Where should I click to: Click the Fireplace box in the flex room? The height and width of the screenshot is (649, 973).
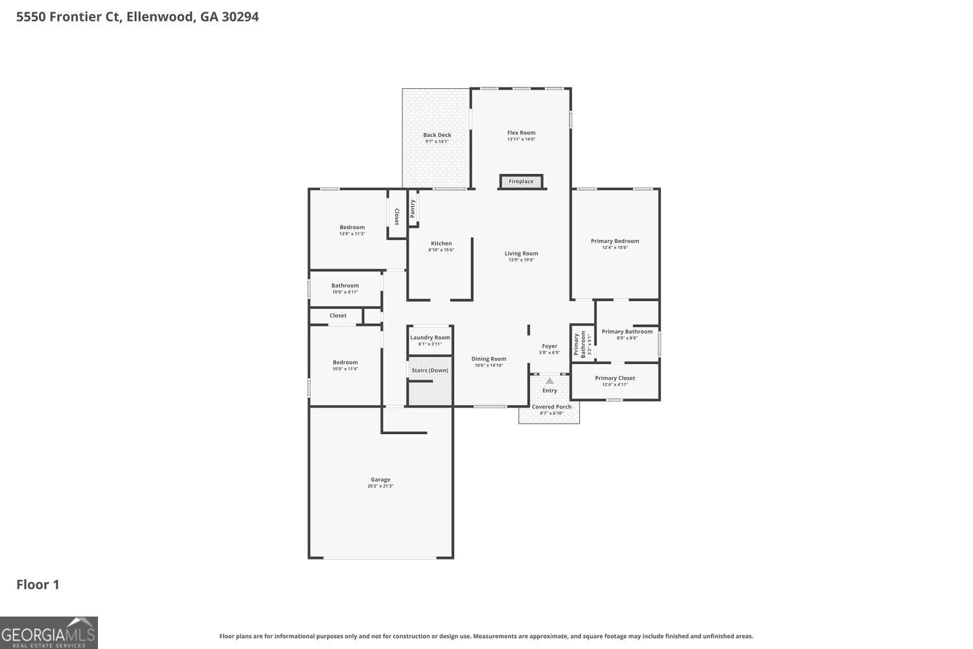coord(521,182)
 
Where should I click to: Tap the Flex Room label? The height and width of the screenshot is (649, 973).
coord(521,132)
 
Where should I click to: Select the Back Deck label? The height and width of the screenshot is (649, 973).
coord(437,135)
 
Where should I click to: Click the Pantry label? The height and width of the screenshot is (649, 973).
coord(413,208)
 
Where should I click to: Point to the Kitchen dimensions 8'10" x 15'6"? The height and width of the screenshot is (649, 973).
coord(441,250)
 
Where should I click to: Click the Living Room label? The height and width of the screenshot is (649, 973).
coord(521,254)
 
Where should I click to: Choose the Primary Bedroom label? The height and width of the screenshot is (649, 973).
coord(614,241)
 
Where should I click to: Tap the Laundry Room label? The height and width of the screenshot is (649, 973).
coord(429,337)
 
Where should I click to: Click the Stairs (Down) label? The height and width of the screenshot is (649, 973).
coord(429,370)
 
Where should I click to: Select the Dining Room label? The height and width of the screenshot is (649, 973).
coord(488,359)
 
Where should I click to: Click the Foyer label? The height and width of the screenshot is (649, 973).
coord(549,346)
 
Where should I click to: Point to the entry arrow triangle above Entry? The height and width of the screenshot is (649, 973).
coord(549,381)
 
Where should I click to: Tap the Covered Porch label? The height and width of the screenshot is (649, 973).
coord(551,407)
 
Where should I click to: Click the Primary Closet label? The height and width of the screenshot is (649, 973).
coord(614,378)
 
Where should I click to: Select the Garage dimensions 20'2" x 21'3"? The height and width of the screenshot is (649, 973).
coord(380,486)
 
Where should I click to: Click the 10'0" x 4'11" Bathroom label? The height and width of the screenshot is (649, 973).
coord(344,286)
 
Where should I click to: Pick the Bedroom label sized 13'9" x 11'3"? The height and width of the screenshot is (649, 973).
coord(352,227)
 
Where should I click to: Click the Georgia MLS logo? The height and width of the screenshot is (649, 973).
coord(49,633)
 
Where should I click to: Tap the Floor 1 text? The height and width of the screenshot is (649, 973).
coord(38,585)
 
